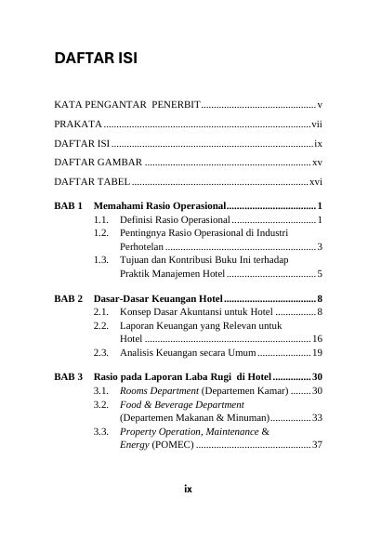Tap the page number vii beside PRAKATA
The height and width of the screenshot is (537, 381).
(317, 124)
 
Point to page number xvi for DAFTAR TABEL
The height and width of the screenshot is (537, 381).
(316, 182)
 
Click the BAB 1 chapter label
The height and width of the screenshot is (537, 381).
(69, 204)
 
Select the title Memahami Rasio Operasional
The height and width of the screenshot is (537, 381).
(159, 204)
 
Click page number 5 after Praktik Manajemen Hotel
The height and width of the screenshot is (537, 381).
(319, 274)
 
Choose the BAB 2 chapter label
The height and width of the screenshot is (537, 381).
(69, 299)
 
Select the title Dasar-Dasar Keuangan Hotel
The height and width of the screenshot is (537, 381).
(158, 299)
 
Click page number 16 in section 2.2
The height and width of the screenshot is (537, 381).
(317, 339)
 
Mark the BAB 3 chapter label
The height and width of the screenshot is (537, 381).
(69, 376)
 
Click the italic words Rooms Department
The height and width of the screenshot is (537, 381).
(158, 391)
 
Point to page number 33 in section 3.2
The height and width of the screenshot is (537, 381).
(317, 418)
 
